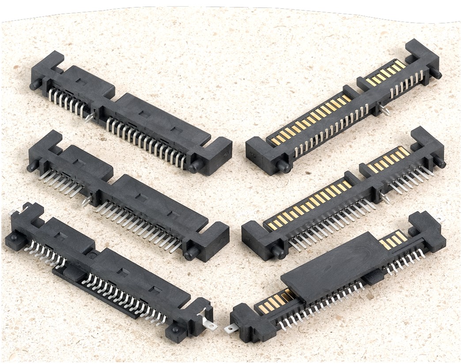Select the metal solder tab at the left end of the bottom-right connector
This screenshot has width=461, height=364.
tap(230, 328)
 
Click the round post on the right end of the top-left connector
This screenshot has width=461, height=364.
tap(194, 166)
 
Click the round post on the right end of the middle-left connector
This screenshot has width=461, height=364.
tap(191, 254)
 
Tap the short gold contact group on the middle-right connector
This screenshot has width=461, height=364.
tap(389, 161)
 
